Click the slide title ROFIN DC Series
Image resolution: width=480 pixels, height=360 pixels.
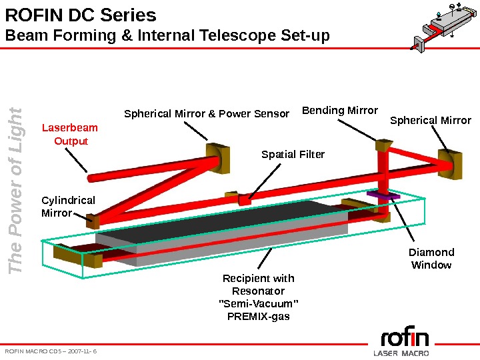click(81, 15)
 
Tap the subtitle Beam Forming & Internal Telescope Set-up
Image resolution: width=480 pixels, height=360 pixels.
click(167, 35)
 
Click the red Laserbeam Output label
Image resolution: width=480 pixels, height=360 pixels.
click(70, 134)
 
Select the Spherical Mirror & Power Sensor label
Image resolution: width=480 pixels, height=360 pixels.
click(207, 114)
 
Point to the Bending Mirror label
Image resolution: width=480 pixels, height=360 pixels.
click(340, 110)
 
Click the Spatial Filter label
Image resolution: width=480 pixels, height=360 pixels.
click(293, 155)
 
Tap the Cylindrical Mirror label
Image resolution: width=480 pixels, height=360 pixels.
click(68, 207)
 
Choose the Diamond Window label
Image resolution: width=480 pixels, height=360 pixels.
click(431, 259)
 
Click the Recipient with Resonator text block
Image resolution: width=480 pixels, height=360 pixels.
click(259, 297)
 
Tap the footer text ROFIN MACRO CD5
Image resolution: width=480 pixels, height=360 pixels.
click(51, 350)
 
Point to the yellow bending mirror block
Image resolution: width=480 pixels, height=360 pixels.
click(384, 146)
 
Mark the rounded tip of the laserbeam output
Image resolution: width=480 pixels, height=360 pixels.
click(91, 178)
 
